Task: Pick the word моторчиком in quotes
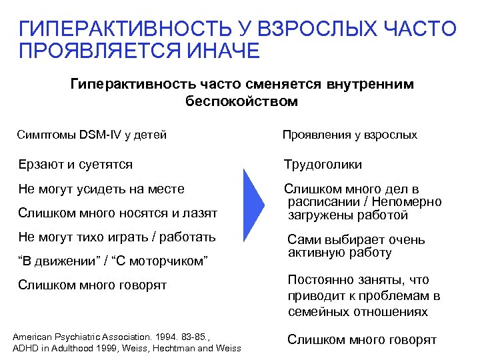[x=169, y=261]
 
